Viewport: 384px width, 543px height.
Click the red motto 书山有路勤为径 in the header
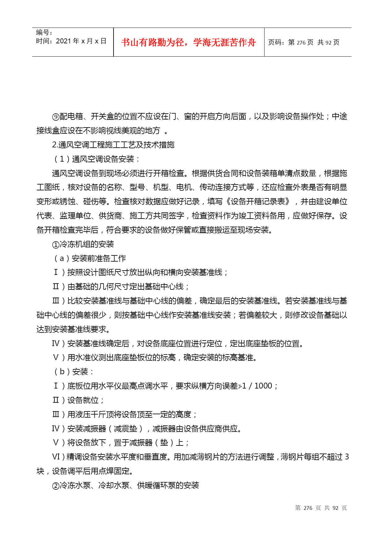pos(153,42)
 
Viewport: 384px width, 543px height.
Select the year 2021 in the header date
pos(63,41)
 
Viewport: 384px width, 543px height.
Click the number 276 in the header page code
pos(301,43)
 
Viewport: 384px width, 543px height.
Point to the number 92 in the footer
pos(335,508)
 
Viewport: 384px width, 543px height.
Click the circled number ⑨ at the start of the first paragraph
pos(56,117)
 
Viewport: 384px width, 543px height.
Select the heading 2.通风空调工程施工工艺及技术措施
pos(113,145)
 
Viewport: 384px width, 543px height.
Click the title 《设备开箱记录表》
pos(257,202)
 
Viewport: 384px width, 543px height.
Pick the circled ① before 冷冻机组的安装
pos(56,245)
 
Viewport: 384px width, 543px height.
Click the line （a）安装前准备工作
pos(89,258)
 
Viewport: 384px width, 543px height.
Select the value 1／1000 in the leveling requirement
pos(257,386)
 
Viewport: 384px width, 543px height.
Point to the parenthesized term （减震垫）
pos(125,428)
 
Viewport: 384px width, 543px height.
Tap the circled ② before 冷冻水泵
pos(56,486)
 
